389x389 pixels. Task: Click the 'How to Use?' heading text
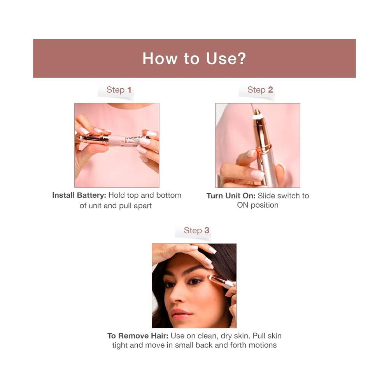click(x=194, y=59)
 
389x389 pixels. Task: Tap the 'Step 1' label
click(x=119, y=90)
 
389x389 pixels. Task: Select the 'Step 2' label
click(x=260, y=90)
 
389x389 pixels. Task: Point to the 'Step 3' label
click(x=196, y=230)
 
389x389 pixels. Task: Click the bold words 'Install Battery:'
click(x=79, y=196)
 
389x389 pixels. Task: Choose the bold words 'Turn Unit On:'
click(x=231, y=196)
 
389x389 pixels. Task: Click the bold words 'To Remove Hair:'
click(x=138, y=336)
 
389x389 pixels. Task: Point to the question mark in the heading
click(x=241, y=59)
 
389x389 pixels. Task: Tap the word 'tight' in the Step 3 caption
click(x=120, y=345)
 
